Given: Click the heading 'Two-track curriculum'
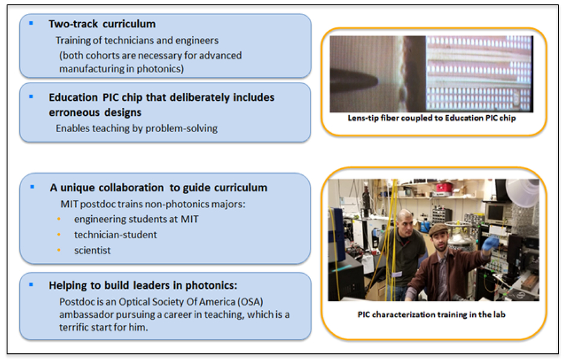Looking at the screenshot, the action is [102, 24].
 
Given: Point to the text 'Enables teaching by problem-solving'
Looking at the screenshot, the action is [136, 128].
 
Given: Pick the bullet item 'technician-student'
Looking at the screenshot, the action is [116, 235].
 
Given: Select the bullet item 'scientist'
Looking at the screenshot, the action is [92, 250].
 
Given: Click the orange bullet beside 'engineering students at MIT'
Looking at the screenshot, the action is [58, 219].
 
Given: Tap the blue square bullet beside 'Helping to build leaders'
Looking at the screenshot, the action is [31, 285].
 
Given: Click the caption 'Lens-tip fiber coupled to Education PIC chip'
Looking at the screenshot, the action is [432, 118].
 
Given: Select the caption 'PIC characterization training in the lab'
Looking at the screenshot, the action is [432, 314].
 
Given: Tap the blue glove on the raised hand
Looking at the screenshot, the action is [490, 242].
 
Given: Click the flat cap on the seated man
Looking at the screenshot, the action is [439, 229].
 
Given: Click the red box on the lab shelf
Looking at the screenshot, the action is [444, 188].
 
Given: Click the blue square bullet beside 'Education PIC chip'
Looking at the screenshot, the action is [31, 96].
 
